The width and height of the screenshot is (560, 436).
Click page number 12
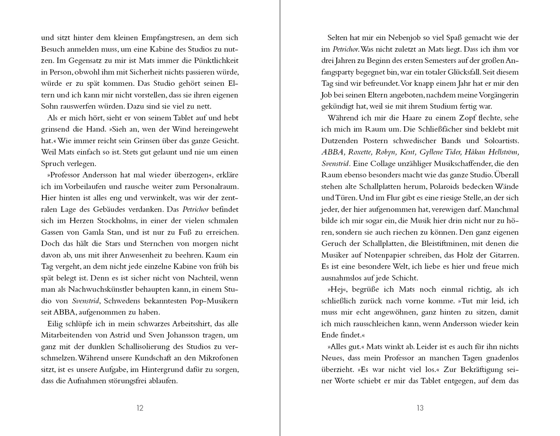pyautogui.click(x=140, y=408)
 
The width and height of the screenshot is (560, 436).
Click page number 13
pyautogui.click(x=420, y=408)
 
